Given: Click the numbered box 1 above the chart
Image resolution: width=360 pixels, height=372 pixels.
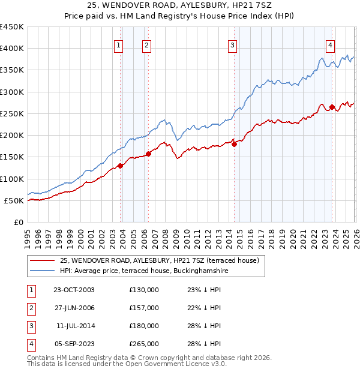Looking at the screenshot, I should tap(118, 45).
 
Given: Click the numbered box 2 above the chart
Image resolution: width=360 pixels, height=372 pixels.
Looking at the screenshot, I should tap(146, 45).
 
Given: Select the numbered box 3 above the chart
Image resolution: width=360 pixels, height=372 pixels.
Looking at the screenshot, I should tap(232, 45).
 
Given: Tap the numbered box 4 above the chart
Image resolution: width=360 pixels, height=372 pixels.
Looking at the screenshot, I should tap(330, 45).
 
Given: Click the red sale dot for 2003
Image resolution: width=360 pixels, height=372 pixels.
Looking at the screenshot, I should tap(121, 166).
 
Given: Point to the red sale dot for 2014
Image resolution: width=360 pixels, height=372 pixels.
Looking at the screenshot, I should tap(234, 144).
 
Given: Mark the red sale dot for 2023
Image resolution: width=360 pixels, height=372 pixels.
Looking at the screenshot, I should tap(332, 107).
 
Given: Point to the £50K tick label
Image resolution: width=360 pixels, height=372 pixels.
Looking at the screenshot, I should tap(14, 200).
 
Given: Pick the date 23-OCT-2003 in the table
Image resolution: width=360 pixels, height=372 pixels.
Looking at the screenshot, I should tap(74, 290).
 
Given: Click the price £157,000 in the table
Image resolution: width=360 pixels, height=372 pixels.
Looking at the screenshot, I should tap(143, 308).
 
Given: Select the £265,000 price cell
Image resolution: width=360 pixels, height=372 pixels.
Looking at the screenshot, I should tap(143, 344).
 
